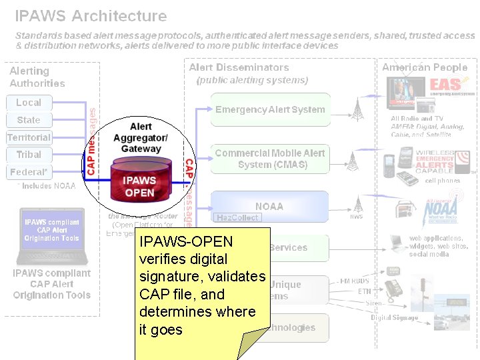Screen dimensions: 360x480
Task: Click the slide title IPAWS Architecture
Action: [x=91, y=15]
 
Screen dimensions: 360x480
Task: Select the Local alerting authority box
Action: [x=29, y=103]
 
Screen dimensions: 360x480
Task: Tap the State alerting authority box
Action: [x=29, y=120]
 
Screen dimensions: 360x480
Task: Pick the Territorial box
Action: [x=29, y=137]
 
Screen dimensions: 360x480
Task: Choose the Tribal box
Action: [x=29, y=155]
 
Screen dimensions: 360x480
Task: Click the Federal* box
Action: [x=29, y=172]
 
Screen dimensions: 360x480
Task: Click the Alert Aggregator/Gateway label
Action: [x=141, y=137]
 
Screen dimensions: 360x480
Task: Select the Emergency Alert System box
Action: [x=270, y=110]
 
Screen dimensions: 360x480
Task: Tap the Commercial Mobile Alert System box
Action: [x=270, y=159]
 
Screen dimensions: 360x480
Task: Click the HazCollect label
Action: [x=237, y=217]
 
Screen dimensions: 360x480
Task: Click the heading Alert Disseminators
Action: [x=239, y=67]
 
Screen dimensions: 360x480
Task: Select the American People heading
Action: [x=425, y=67]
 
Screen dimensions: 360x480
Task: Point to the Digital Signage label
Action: [x=394, y=318]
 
